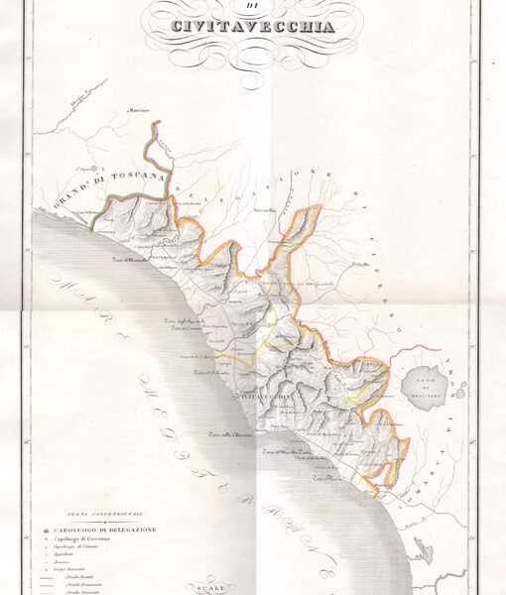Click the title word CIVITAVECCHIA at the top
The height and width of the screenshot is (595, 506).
tap(253, 27)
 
